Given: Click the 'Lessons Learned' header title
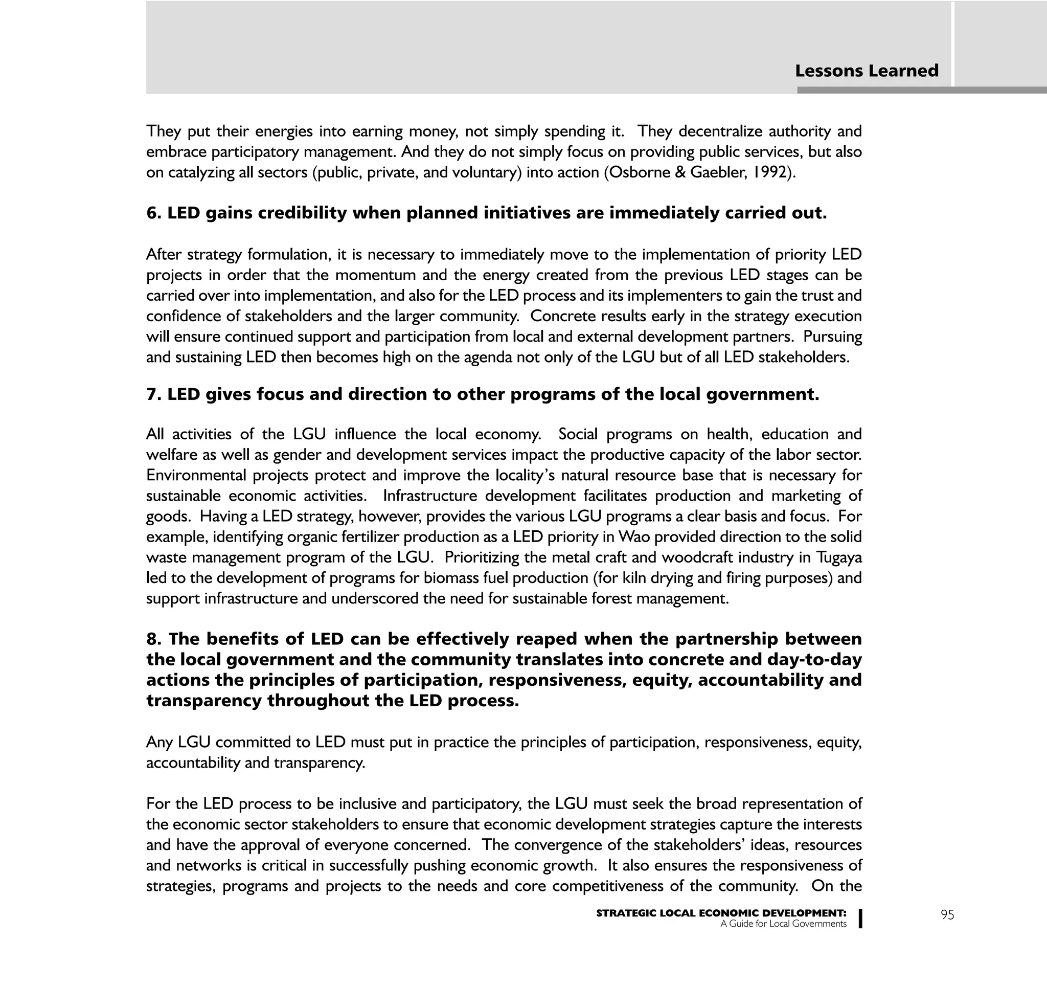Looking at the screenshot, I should click(x=867, y=71).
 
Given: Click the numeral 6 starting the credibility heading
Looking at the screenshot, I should click(x=152, y=213).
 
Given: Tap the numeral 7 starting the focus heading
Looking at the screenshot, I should click(x=152, y=394).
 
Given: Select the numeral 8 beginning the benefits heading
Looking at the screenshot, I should click(x=152, y=639).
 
